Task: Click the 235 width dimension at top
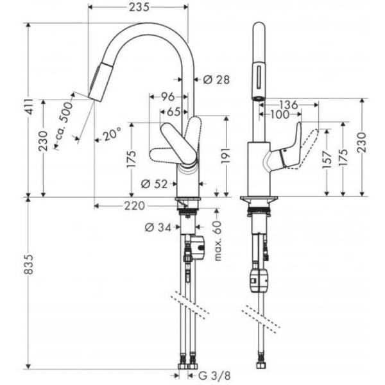pyautogui.click(x=139, y=7)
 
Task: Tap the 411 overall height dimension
pyautogui.click(x=30, y=106)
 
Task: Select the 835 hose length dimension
pyautogui.click(x=29, y=264)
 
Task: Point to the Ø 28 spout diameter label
pyautogui.click(x=217, y=80)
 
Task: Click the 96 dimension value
pyautogui.click(x=167, y=97)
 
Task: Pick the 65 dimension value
pyautogui.click(x=174, y=112)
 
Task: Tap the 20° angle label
pyautogui.click(x=112, y=134)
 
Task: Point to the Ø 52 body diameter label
pyautogui.click(x=154, y=184)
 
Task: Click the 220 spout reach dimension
pyautogui.click(x=134, y=206)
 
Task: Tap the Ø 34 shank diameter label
pyautogui.click(x=158, y=228)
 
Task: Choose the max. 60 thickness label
pyautogui.click(x=218, y=241)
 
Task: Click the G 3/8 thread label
pyautogui.click(x=214, y=375)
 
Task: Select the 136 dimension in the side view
pyautogui.click(x=289, y=105)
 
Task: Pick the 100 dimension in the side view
pyautogui.click(x=280, y=114)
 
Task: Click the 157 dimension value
pyautogui.click(x=327, y=160)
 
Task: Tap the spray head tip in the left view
pyautogui.click(x=94, y=98)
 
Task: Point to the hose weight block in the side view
pyautogui.click(x=259, y=280)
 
